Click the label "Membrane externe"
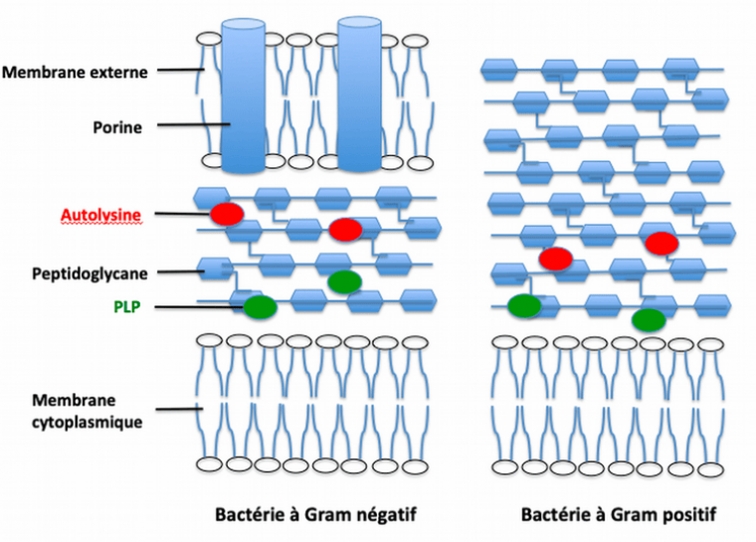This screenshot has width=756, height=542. [75, 72]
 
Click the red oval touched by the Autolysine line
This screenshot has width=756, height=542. [226, 213]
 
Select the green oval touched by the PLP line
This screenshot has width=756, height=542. [260, 307]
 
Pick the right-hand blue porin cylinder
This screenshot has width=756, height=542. [360, 94]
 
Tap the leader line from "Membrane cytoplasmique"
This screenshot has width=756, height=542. [179, 410]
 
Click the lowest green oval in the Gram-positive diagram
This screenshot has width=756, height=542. [649, 319]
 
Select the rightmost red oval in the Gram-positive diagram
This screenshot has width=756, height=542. [661, 243]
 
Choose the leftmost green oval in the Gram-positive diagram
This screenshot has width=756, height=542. [524, 305]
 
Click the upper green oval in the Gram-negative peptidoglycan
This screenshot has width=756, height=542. [345, 281]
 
